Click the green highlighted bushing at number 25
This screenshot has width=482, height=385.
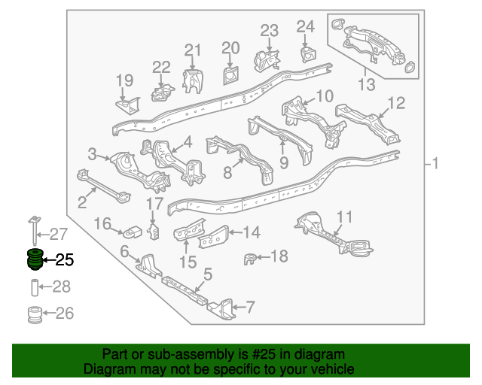click(35, 259)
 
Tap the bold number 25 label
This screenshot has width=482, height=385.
click(65, 260)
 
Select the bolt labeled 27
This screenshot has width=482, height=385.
click(34, 230)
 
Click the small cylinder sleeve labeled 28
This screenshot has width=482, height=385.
click(35, 287)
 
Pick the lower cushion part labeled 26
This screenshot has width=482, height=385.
click(35, 314)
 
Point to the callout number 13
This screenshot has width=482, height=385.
click(367, 84)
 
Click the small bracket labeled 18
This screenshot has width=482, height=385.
click(250, 259)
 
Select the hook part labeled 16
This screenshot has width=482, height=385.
click(133, 232)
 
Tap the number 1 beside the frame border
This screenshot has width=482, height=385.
click(435, 163)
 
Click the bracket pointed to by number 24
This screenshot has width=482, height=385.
click(308, 54)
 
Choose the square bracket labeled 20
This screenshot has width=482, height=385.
click(230, 75)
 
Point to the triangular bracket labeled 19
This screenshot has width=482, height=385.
click(128, 105)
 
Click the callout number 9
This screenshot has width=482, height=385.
click(284, 162)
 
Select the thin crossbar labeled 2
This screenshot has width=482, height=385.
click(103, 186)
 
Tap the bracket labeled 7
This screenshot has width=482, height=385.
click(222, 309)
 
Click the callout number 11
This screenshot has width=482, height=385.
click(344, 217)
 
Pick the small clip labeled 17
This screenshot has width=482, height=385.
click(154, 232)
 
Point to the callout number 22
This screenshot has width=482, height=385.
click(161, 67)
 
